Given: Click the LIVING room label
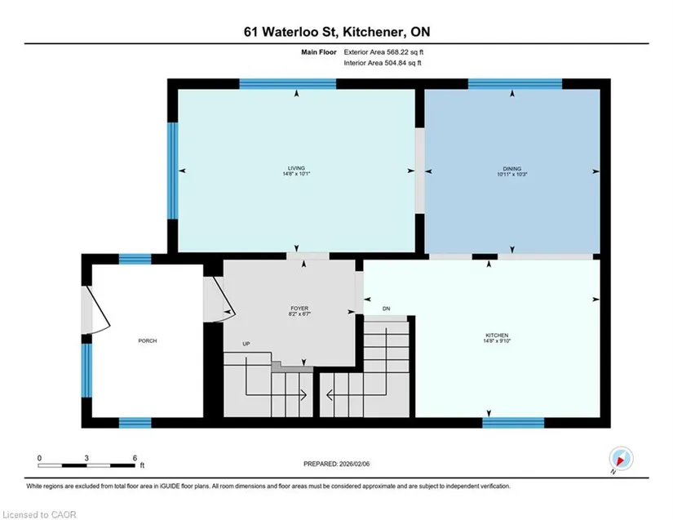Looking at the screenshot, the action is click(x=297, y=168).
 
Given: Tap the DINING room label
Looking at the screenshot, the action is click(x=512, y=169).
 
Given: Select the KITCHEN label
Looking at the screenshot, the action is click(x=497, y=336).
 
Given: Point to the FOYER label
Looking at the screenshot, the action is click(x=299, y=309).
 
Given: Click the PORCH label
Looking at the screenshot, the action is click(x=147, y=340).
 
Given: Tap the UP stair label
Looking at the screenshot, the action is click(x=246, y=344).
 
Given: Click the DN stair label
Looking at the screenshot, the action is click(x=387, y=309).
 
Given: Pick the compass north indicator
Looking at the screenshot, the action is click(x=621, y=459).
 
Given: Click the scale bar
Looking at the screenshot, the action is click(x=86, y=465).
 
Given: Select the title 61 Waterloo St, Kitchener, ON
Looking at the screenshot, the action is click(x=337, y=32).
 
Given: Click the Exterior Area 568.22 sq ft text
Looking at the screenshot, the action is click(x=383, y=52).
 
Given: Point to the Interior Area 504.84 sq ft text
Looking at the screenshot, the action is click(x=383, y=63).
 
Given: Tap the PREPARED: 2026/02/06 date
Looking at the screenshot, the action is click(x=336, y=464).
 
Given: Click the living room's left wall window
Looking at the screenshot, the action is click(x=173, y=171).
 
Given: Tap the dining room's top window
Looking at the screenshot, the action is click(x=515, y=84).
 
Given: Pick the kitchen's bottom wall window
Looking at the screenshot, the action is click(x=513, y=423).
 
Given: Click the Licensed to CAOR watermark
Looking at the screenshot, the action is click(x=39, y=514).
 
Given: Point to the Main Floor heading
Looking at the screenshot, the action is click(x=318, y=52).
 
